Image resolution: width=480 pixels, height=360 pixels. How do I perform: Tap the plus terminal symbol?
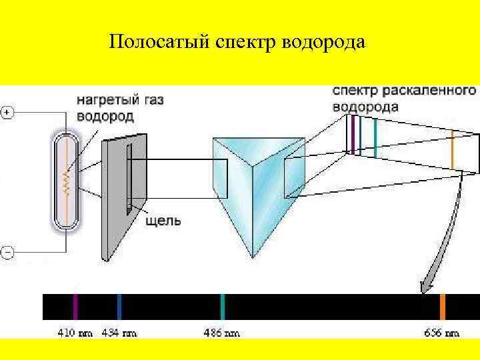[x=7, y=112]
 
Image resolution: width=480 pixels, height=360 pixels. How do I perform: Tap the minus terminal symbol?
[x=7, y=253]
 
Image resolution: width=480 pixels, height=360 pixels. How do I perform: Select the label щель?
[x=163, y=221]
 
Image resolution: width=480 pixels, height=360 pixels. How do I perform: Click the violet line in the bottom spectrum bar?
[x=75, y=307]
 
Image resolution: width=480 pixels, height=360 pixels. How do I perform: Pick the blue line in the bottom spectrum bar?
[x=119, y=307]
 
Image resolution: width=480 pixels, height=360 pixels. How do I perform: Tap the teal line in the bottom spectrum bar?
[x=222, y=307]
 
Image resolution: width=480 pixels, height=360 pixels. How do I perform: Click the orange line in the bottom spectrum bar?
[x=442, y=307]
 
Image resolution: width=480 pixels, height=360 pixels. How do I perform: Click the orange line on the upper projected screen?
[x=452, y=150]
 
